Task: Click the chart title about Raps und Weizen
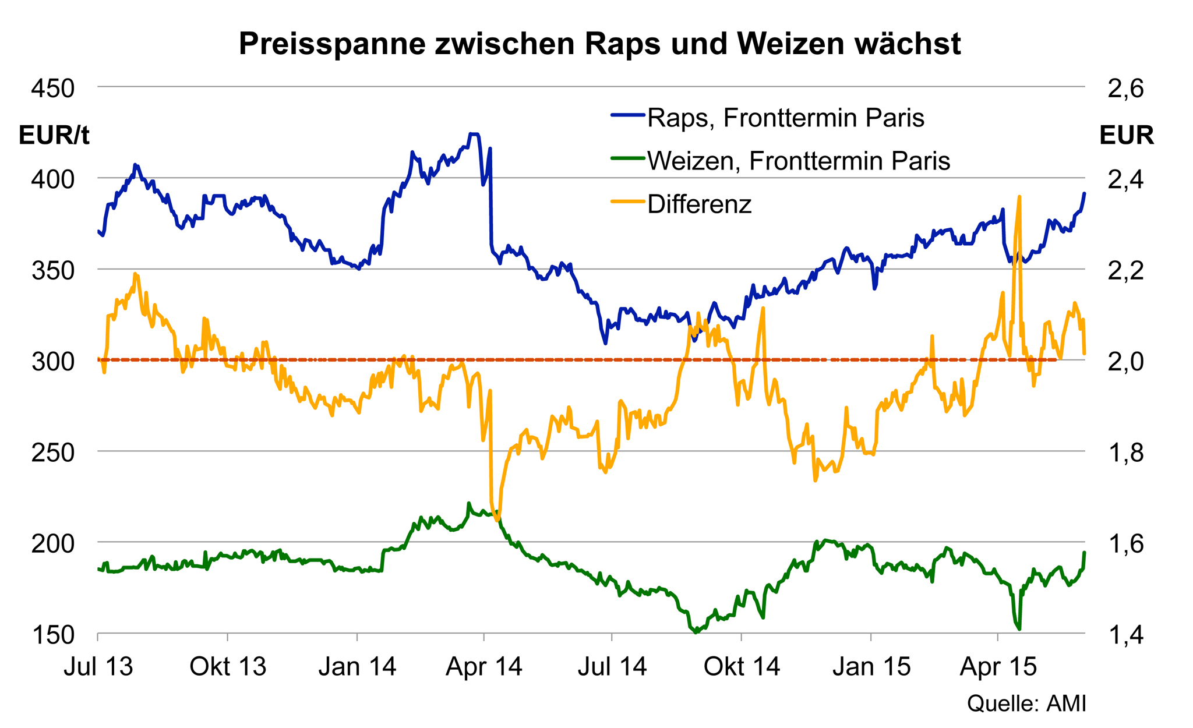pyautogui.click(x=599, y=44)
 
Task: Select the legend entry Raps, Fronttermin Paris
pyautogui.click(x=786, y=118)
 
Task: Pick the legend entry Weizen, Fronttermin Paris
pyautogui.click(x=799, y=161)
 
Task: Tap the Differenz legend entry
pyautogui.click(x=699, y=204)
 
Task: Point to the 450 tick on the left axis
pyautogui.click(x=53, y=89)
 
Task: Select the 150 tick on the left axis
pyautogui.click(x=53, y=635)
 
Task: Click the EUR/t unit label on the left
pyautogui.click(x=54, y=136)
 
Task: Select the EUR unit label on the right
pyautogui.click(x=1127, y=136)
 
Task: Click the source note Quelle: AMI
pyautogui.click(x=1026, y=704)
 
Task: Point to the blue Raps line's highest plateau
pyautogui.click(x=474, y=135)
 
